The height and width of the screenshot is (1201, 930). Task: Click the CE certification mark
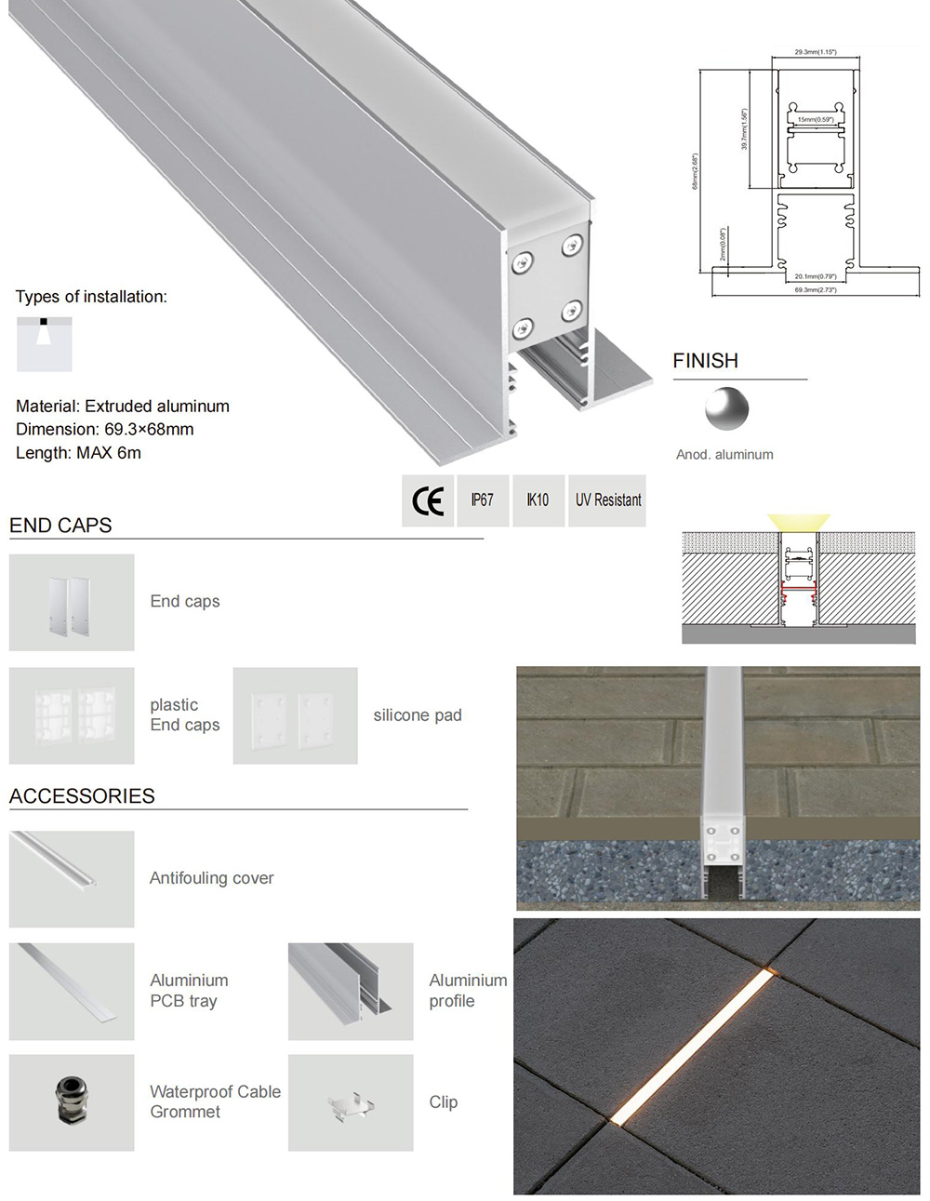pyautogui.click(x=428, y=501)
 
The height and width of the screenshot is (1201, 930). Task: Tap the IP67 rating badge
pyautogui.click(x=482, y=500)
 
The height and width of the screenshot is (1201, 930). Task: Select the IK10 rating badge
pyautogui.click(x=538, y=500)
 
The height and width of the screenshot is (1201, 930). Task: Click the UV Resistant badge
pyautogui.click(x=607, y=500)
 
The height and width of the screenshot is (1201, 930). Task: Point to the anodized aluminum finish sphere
pyautogui.click(x=725, y=409)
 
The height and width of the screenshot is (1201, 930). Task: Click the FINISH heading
pyautogui.click(x=705, y=361)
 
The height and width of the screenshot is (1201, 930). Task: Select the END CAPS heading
pyautogui.click(x=60, y=526)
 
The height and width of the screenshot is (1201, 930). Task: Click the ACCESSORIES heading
pyautogui.click(x=82, y=796)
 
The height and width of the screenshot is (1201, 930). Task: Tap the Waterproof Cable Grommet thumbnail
pyautogui.click(x=72, y=1102)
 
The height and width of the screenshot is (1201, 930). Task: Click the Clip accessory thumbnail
pyautogui.click(x=351, y=1103)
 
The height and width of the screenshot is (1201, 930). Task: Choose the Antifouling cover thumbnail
pyautogui.click(x=72, y=879)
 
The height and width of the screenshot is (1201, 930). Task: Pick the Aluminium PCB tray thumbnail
pyautogui.click(x=72, y=991)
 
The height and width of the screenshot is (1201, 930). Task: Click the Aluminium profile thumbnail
pyautogui.click(x=351, y=991)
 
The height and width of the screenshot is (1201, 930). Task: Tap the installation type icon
pyautogui.click(x=44, y=344)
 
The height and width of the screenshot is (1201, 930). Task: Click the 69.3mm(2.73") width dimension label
pyautogui.click(x=815, y=290)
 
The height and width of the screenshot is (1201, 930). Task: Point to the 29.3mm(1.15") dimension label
pyautogui.click(x=815, y=52)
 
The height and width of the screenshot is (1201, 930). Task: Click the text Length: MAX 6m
pyautogui.click(x=78, y=453)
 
